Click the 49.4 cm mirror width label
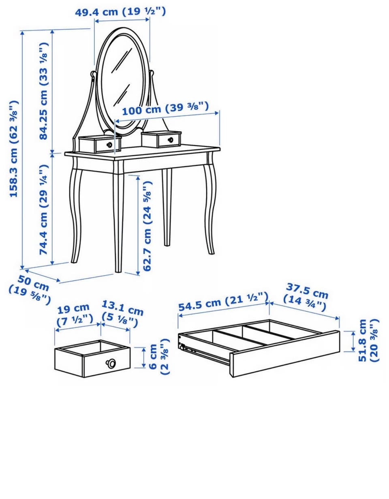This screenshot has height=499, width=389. click(120, 11)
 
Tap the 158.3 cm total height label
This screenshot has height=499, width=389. click(13, 149)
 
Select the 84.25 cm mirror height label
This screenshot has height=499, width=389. click(44, 91)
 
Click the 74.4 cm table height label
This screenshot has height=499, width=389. click(44, 210)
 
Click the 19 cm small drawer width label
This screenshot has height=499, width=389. click(75, 315)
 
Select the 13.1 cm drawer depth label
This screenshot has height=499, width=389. click(122, 314)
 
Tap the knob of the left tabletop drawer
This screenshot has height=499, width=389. click(110, 145)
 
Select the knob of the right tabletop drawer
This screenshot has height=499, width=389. click(171, 139)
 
